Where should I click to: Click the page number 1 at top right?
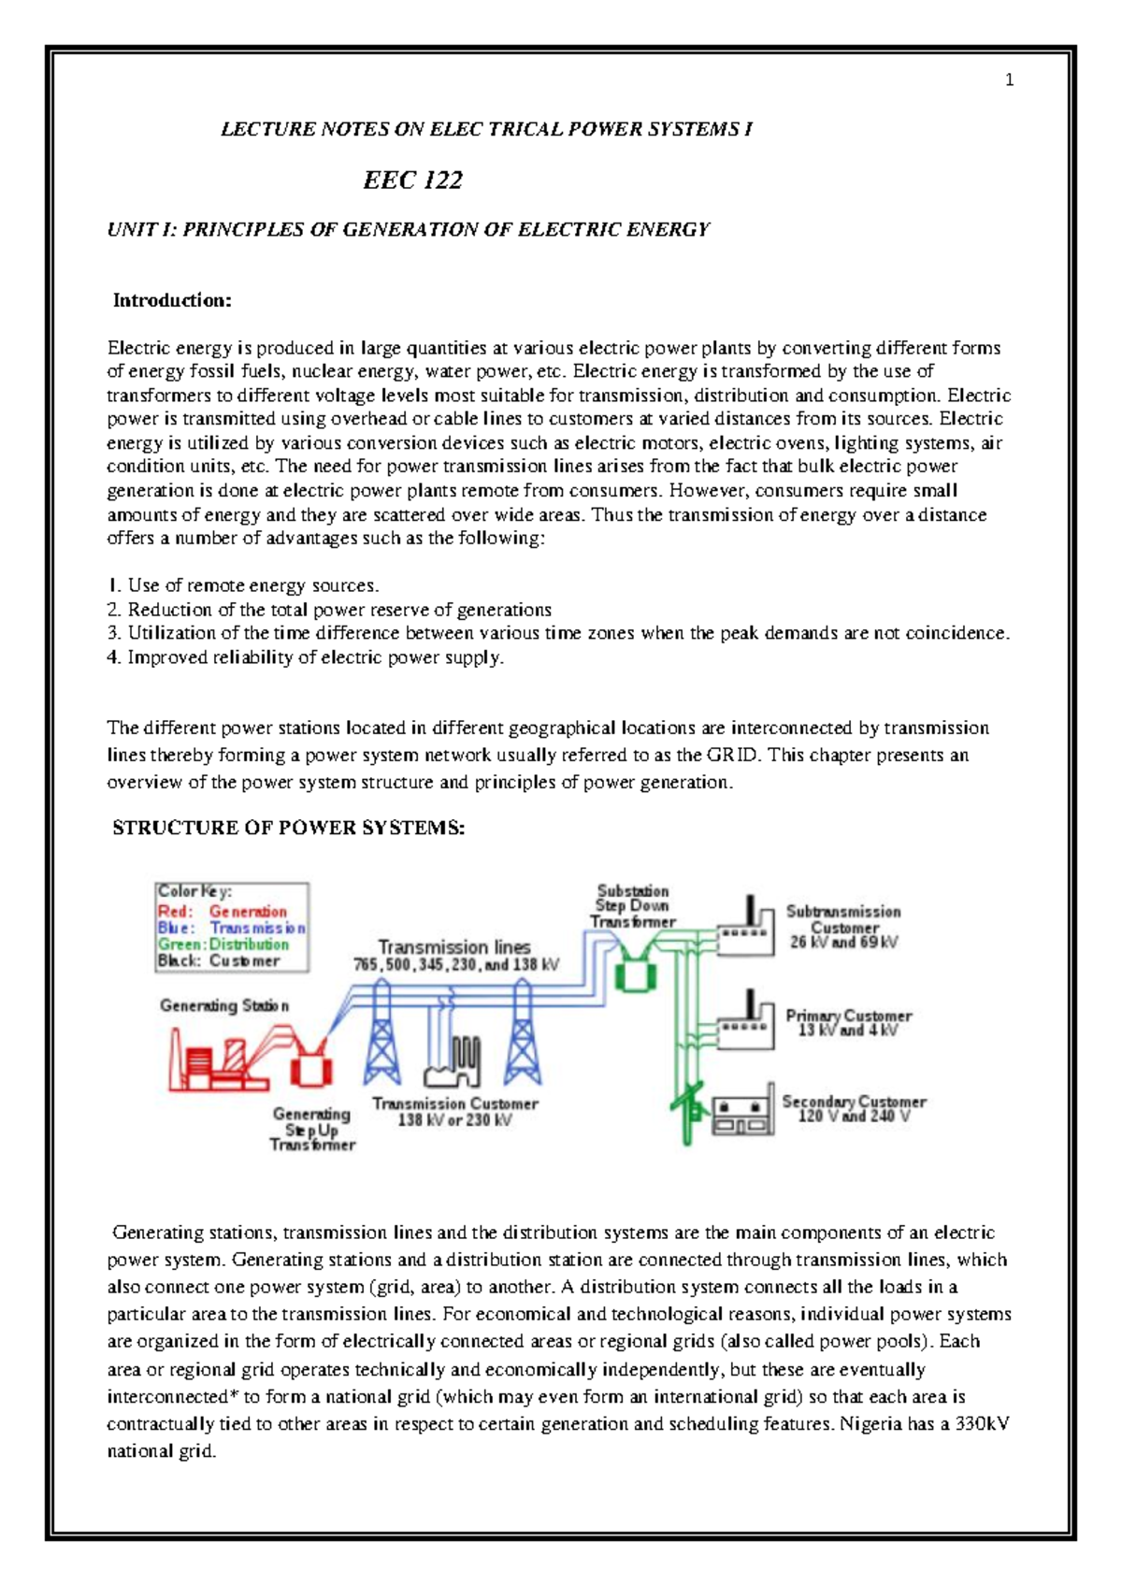point(1009,80)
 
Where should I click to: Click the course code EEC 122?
point(412,180)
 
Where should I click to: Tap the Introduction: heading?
point(172,300)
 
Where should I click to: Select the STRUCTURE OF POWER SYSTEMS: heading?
point(288,828)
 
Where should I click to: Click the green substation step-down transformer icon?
point(635,973)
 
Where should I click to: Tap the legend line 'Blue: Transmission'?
point(231,928)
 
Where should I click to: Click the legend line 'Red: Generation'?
point(222,911)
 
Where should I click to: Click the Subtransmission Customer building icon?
point(746,930)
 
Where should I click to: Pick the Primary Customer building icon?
point(746,1025)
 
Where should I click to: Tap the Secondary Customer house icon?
point(743,1113)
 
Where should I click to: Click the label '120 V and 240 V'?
point(853,1117)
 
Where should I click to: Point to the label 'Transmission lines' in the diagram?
point(454,946)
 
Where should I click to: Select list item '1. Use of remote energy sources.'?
point(243,585)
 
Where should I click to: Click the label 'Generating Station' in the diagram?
point(224,1005)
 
